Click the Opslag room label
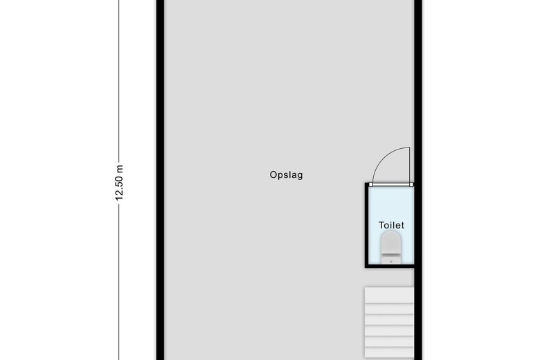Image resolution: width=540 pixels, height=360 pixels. click(x=286, y=175)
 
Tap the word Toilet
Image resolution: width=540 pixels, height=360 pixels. click(x=391, y=225)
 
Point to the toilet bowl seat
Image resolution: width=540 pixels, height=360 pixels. click(x=391, y=244)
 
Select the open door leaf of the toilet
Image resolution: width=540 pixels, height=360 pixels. click(x=410, y=165)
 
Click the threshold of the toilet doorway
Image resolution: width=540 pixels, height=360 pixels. click(x=391, y=185)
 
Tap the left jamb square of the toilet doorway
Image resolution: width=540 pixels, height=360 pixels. click(x=371, y=185)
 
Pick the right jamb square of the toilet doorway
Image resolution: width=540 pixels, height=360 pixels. click(x=411, y=185)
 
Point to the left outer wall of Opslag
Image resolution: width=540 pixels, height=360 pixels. click(x=160, y=180)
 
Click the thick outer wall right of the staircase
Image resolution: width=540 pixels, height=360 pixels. click(x=419, y=318)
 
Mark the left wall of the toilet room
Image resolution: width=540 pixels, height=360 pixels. click(x=366, y=225)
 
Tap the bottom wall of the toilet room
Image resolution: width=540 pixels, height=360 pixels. click(x=390, y=265)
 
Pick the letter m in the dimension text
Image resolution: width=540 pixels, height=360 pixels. click(x=119, y=168)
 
